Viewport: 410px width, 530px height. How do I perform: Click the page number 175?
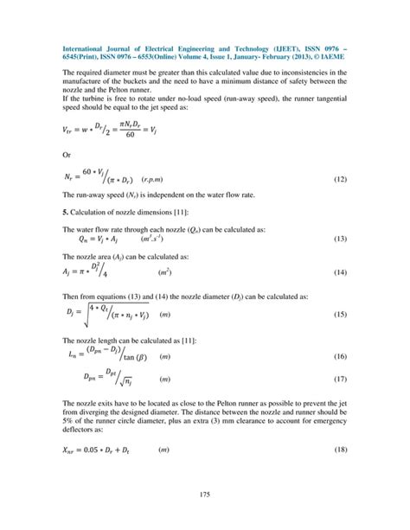point(205,494)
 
